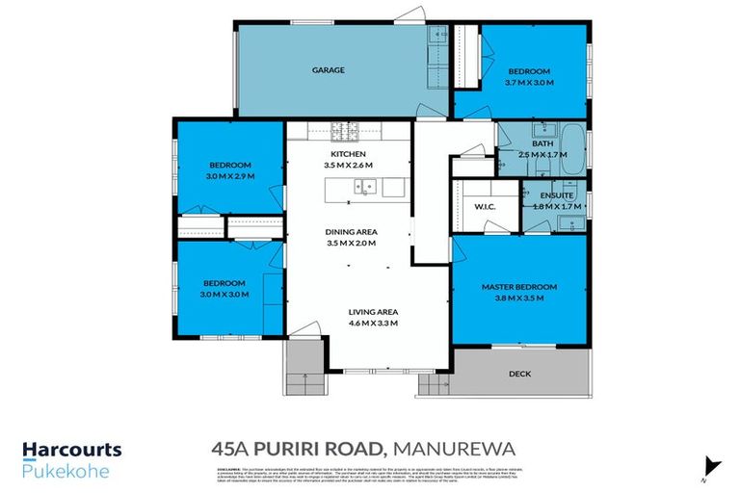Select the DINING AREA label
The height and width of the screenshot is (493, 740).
point(352,232)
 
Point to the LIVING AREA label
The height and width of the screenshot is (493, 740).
point(373,311)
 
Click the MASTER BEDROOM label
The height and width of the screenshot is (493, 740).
point(520,287)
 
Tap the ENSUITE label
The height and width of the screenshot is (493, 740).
point(556,196)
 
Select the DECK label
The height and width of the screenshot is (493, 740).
point(519,374)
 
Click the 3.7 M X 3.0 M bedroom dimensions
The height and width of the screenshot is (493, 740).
point(530,83)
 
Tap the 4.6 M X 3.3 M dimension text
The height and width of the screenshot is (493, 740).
point(373,323)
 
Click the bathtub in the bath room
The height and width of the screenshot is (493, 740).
point(574,148)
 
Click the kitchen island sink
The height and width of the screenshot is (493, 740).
point(363,190)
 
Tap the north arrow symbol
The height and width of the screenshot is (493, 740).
point(710,465)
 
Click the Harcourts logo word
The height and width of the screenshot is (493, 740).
point(72,450)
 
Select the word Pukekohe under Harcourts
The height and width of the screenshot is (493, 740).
point(66,472)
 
